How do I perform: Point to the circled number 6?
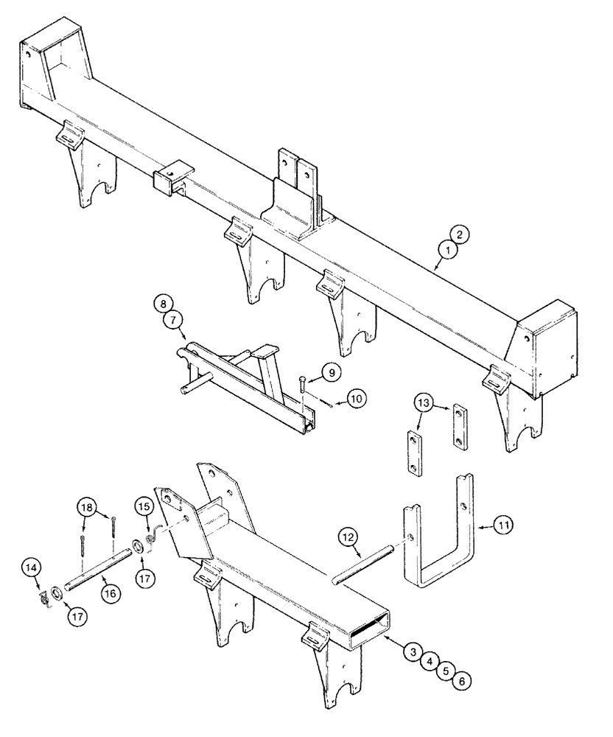point(460,682)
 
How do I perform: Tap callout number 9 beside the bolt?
point(331,374)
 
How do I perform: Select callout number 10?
point(357,399)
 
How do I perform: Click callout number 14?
point(50,567)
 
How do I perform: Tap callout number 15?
point(144,507)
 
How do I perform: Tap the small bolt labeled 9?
point(304,387)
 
